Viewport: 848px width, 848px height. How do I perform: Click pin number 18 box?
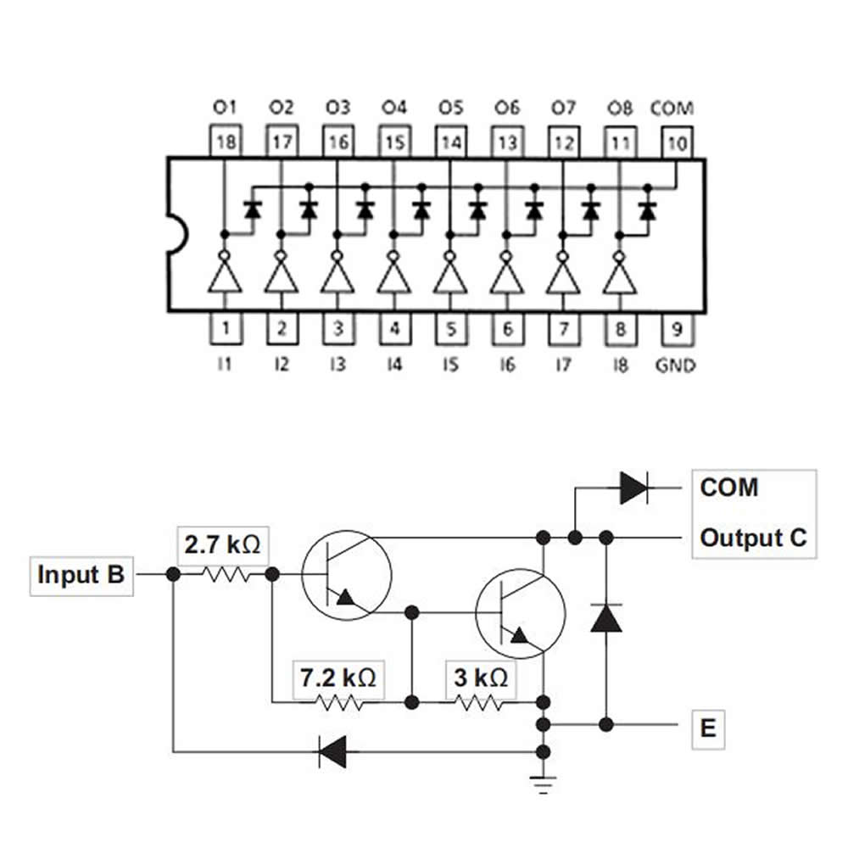click(225, 142)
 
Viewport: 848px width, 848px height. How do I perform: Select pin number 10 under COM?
click(676, 142)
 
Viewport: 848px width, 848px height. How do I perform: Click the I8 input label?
click(620, 365)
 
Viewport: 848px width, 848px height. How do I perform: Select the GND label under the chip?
click(676, 365)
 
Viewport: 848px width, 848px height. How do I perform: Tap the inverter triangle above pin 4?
click(393, 277)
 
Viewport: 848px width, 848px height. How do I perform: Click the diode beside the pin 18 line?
click(252, 209)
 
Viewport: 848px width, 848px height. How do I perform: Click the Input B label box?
click(81, 574)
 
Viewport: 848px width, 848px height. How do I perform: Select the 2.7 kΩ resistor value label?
click(223, 544)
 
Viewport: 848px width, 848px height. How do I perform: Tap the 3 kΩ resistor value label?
click(480, 677)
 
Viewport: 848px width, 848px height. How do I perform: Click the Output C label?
click(753, 538)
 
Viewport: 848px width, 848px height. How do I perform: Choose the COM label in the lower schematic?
click(729, 488)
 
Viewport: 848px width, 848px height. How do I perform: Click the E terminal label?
click(708, 728)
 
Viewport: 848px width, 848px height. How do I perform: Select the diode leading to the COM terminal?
click(634, 488)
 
